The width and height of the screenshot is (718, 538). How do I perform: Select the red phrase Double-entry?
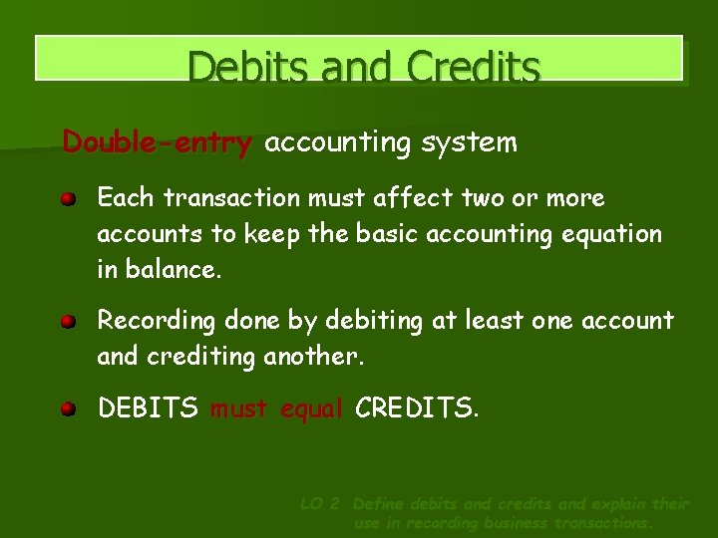pos(158,143)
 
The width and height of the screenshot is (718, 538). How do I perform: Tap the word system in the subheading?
pos(469,143)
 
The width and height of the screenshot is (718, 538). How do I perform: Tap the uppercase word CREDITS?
pos(417,407)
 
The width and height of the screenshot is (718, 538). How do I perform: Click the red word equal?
pos(312,407)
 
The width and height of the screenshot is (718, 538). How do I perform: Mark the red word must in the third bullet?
pos(240,407)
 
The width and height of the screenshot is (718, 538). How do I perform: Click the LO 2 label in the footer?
pos(321,504)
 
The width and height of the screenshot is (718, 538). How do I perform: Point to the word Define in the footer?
pos(380,504)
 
